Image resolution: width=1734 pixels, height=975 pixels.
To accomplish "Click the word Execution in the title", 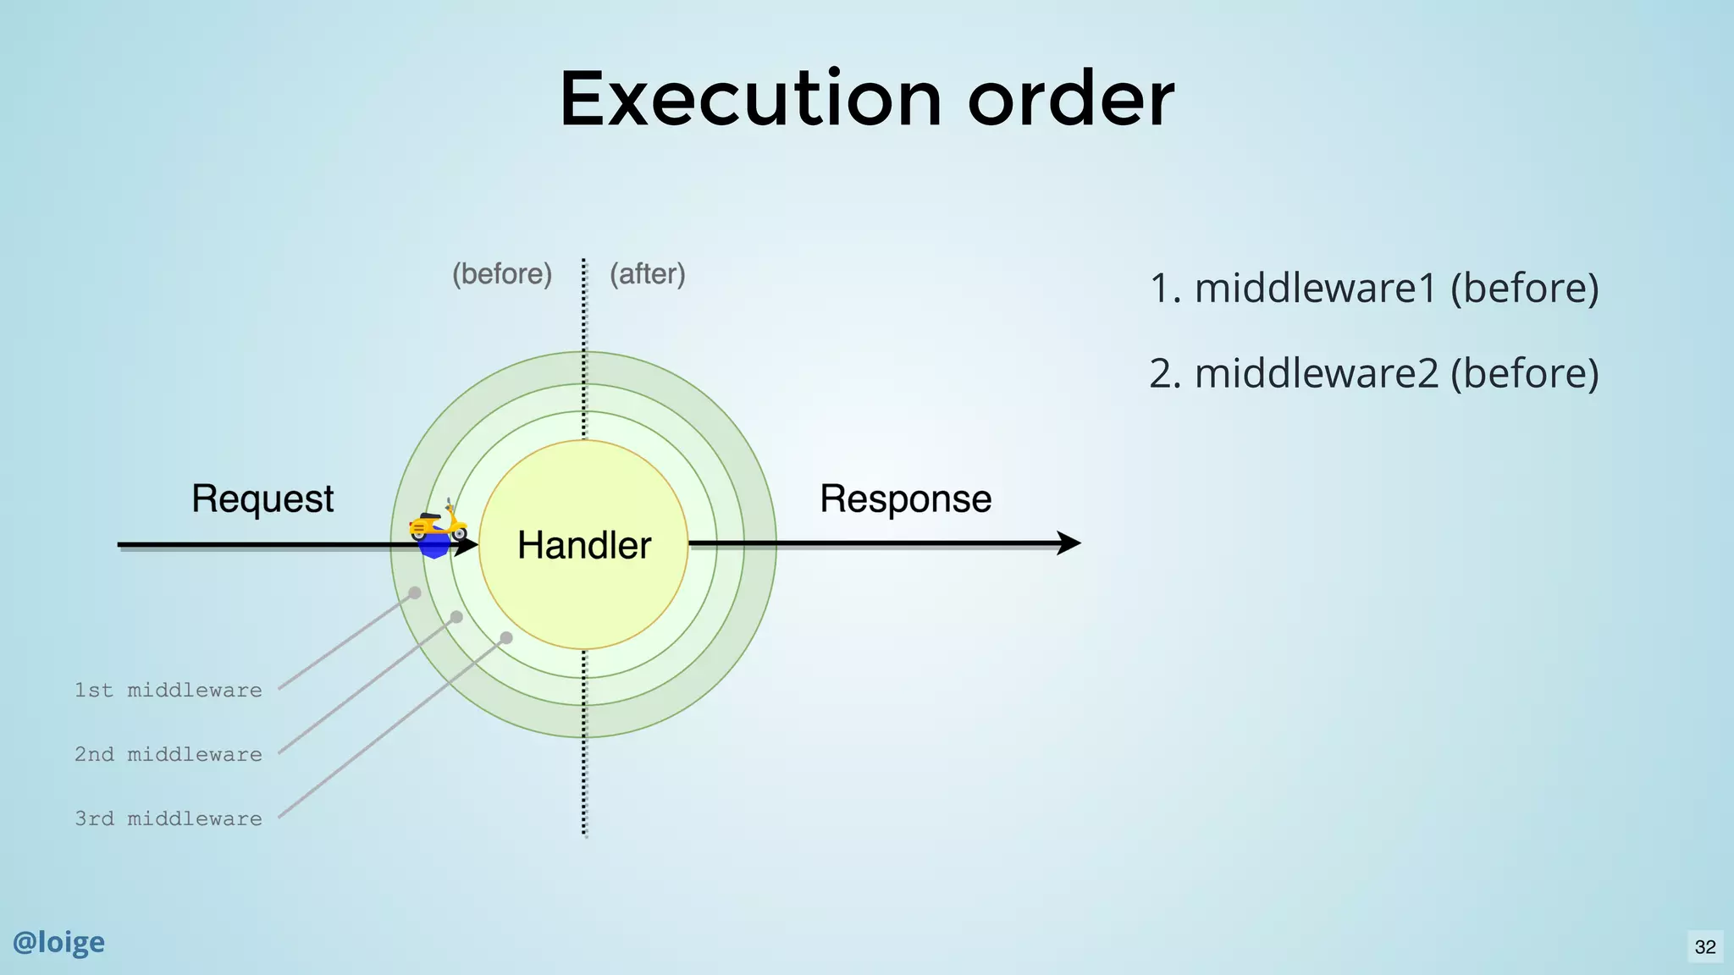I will tap(750, 99).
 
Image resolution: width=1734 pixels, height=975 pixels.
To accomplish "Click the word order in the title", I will tap(1071, 99).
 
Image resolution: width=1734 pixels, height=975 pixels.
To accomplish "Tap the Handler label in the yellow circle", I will tap(584, 545).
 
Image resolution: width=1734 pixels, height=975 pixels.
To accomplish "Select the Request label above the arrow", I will tap(262, 499).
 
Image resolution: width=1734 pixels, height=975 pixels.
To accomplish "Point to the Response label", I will tap(905, 499).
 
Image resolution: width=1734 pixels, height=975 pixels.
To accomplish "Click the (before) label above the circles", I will tap(502, 274).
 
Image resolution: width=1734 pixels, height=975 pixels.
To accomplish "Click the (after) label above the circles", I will tap(648, 274).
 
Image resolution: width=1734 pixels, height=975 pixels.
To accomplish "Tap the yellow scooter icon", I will tap(437, 524).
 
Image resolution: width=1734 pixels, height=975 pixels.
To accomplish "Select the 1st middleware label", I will tap(168, 691).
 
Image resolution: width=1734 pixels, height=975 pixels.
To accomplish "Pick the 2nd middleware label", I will tap(168, 755).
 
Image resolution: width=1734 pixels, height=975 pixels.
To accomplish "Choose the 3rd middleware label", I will tap(168, 819).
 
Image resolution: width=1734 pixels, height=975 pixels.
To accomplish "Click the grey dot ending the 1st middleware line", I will tap(415, 592).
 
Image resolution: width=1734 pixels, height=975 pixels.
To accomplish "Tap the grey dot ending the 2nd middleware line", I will tap(456, 617).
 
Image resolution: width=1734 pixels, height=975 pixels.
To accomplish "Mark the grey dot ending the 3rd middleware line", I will tap(506, 637).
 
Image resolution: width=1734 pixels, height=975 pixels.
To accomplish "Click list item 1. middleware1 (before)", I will tap(1373, 289).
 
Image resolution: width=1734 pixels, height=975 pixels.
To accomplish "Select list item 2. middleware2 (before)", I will tap(1373, 373).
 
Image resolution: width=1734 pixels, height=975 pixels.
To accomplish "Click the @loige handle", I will tap(58, 942).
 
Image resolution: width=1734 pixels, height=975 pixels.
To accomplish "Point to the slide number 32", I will tap(1705, 947).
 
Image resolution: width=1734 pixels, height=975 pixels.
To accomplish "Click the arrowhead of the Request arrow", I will tap(468, 545).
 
